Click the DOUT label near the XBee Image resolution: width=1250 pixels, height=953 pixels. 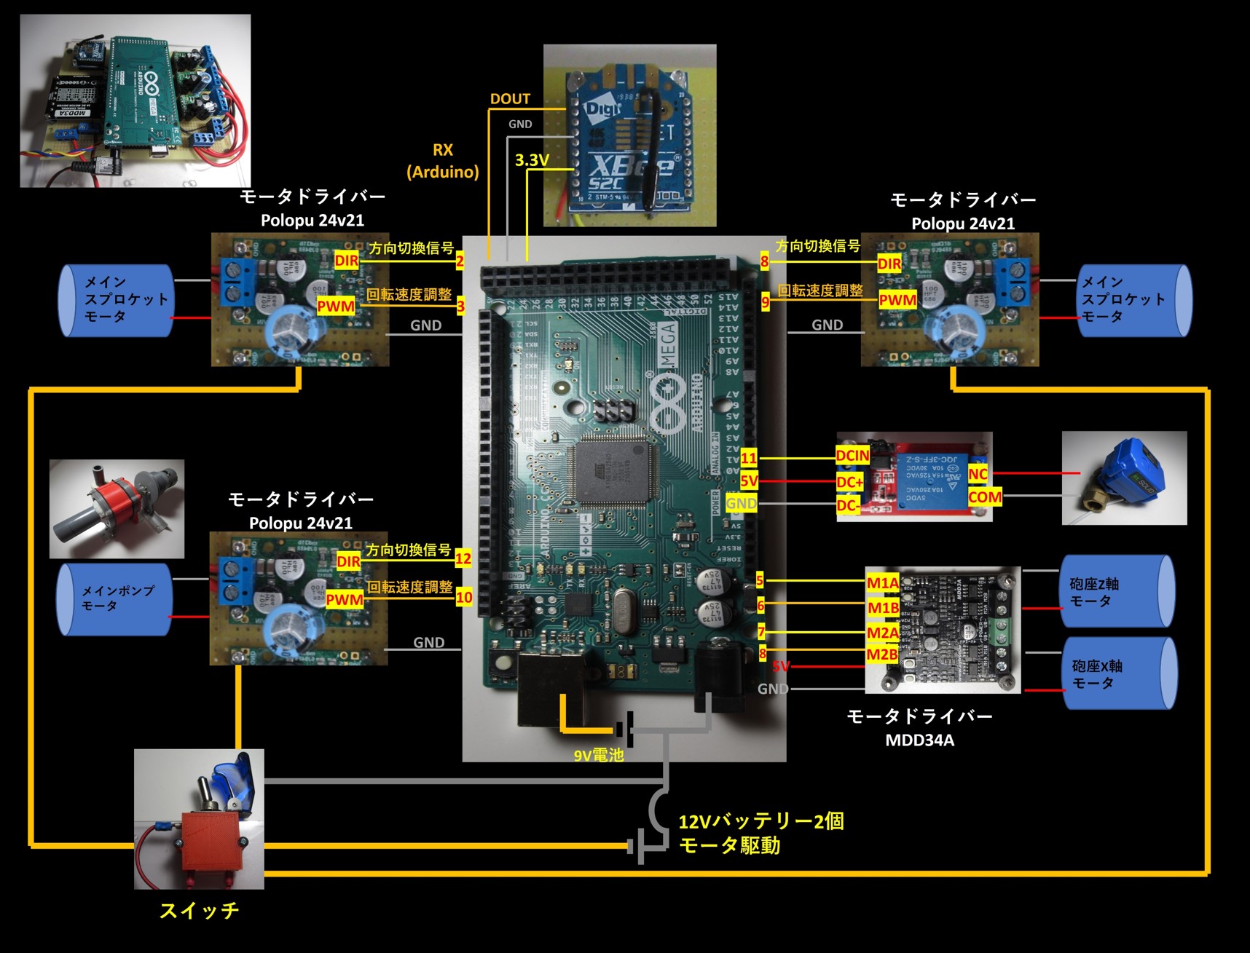(510, 99)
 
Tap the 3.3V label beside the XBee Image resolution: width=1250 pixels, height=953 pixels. (532, 160)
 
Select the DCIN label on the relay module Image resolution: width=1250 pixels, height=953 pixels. (852, 456)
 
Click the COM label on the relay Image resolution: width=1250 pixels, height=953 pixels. (985, 497)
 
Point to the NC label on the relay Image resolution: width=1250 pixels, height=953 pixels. (978, 474)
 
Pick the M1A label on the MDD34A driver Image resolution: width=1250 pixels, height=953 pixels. (883, 582)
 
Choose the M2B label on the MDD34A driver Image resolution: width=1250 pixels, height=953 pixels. (881, 655)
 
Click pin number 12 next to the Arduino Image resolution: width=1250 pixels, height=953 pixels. (463, 559)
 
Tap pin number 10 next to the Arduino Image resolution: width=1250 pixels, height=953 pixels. (464, 598)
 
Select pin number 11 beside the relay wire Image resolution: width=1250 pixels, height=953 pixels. (749, 458)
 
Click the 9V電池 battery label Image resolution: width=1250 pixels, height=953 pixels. (599, 756)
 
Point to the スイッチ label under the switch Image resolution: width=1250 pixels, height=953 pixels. (199, 911)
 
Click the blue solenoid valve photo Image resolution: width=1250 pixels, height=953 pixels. (1123, 478)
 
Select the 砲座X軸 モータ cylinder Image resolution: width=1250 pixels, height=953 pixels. (1119, 674)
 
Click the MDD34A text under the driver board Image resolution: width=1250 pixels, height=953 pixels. (919, 740)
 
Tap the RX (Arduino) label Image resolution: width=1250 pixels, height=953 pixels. (443, 161)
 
